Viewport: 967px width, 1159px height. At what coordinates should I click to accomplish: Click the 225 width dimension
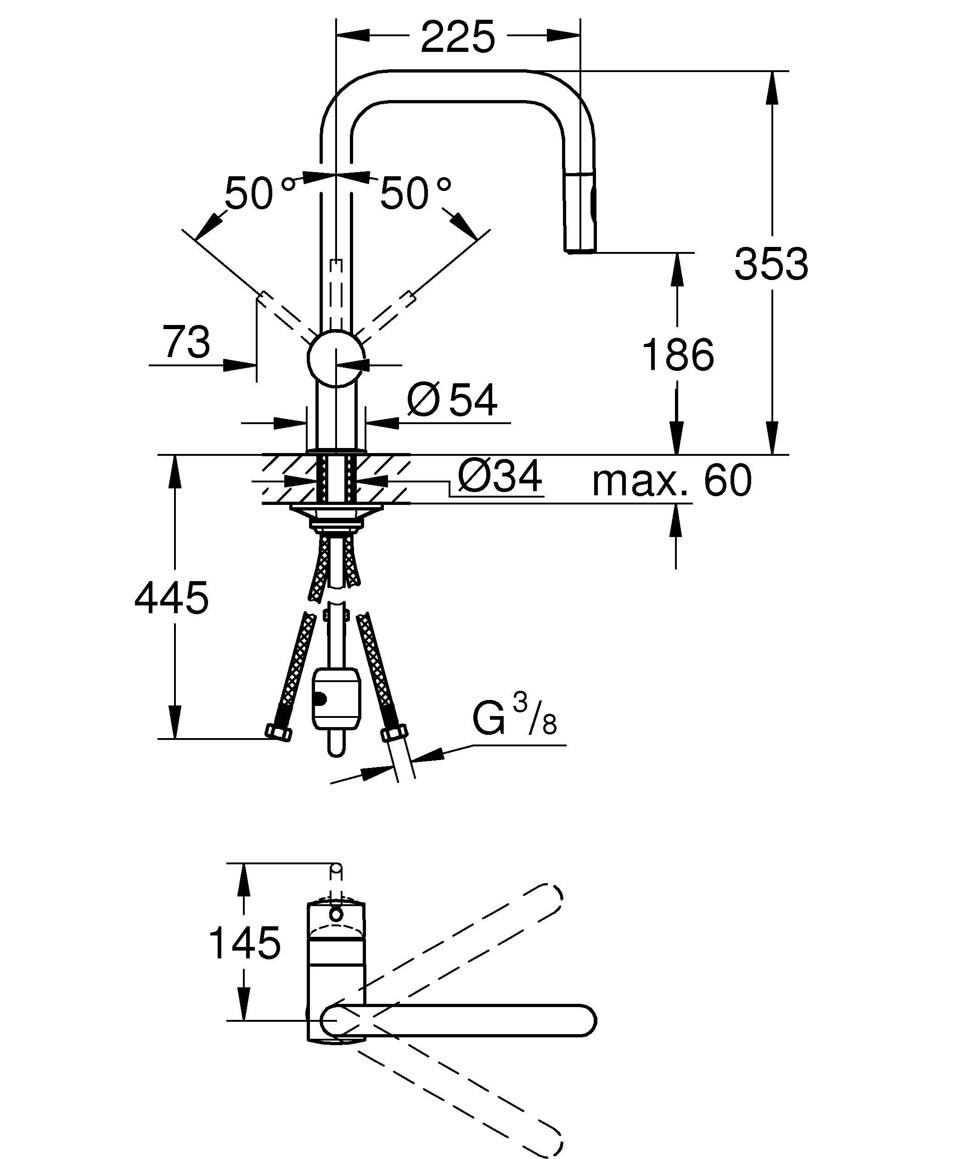[x=458, y=38]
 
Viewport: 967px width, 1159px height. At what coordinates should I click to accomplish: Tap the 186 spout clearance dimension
[x=678, y=355]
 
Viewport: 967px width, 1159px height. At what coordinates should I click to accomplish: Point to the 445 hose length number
[x=172, y=598]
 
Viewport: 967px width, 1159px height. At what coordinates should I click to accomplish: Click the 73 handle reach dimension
[x=186, y=342]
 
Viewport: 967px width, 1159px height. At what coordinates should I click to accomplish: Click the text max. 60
[x=672, y=480]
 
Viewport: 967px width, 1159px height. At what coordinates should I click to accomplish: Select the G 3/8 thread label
[x=514, y=718]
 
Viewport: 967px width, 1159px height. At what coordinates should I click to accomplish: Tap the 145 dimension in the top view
[x=245, y=943]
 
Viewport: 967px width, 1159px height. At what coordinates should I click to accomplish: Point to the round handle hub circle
[x=336, y=359]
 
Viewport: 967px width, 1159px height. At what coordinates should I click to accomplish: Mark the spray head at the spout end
[x=579, y=213]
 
